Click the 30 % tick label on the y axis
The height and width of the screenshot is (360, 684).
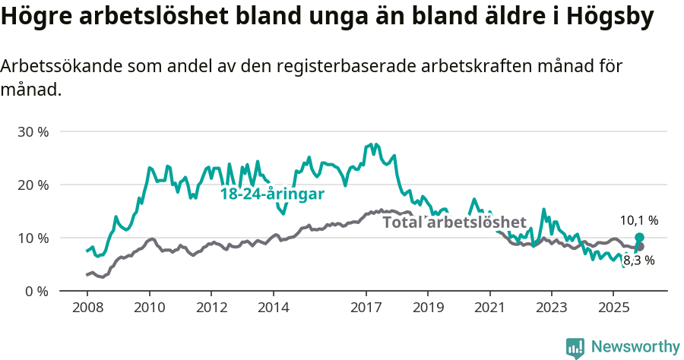(33, 131)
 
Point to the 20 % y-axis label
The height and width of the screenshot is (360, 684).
(33, 185)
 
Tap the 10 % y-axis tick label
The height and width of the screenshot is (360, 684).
(33, 238)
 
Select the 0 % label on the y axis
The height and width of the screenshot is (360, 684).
(36, 291)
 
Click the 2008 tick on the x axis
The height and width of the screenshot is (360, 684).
(87, 308)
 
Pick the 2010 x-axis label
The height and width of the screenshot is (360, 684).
(149, 308)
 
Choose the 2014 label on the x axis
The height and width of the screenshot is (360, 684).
(273, 308)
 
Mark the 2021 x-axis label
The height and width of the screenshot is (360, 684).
(489, 308)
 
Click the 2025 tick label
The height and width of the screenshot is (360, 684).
(613, 308)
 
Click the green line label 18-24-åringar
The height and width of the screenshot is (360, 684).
(272, 194)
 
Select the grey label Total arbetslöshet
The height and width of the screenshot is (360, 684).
(454, 223)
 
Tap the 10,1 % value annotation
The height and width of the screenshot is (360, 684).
(638, 220)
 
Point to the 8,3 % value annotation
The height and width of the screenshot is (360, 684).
(638, 261)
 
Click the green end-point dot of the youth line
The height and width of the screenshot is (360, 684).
(639, 238)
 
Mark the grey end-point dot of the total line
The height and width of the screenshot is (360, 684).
(639, 247)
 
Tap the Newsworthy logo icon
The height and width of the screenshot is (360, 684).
(575, 347)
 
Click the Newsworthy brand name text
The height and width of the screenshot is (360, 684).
(635, 347)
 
